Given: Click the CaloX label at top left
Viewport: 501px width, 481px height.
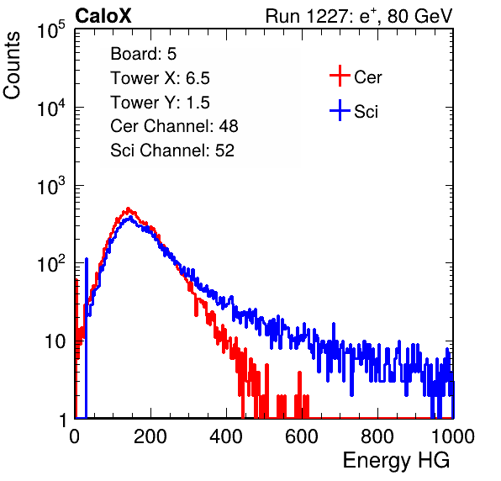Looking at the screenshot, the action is pyautogui.click(x=103, y=16).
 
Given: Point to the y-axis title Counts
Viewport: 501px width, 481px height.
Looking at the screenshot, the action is pyautogui.click(x=12, y=66).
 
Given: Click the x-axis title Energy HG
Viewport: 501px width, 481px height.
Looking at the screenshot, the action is pyautogui.click(x=396, y=461).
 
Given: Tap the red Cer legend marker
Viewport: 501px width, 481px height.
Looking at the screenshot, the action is pyautogui.click(x=340, y=76).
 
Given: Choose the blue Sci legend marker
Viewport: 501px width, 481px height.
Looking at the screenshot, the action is pyautogui.click(x=340, y=110).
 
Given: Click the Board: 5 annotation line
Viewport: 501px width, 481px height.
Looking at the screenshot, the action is pyautogui.click(x=144, y=54).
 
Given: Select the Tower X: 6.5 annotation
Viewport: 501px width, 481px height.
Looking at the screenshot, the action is pyautogui.click(x=160, y=78).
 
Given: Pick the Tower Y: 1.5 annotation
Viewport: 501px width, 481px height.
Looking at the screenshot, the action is pyautogui.click(x=160, y=103).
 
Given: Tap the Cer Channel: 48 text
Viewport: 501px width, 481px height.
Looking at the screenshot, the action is pyautogui.click(x=174, y=126).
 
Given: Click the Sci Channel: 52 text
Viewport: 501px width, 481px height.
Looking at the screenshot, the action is pyautogui.click(x=172, y=151).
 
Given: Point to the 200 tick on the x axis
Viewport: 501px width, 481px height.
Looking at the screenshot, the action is pyautogui.click(x=150, y=436).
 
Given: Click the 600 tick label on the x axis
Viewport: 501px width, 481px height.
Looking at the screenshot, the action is pyautogui.click(x=302, y=436).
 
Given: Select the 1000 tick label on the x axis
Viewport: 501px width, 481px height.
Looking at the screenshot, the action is pyautogui.click(x=453, y=436).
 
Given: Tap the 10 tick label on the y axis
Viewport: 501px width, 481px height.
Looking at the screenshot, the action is pyautogui.click(x=55, y=341).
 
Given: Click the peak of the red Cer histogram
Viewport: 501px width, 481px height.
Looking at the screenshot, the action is pyautogui.click(x=128, y=209).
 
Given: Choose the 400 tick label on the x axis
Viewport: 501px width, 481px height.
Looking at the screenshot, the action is pyautogui.click(x=226, y=436).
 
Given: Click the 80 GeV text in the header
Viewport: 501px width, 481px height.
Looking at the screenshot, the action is pyautogui.click(x=419, y=16).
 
